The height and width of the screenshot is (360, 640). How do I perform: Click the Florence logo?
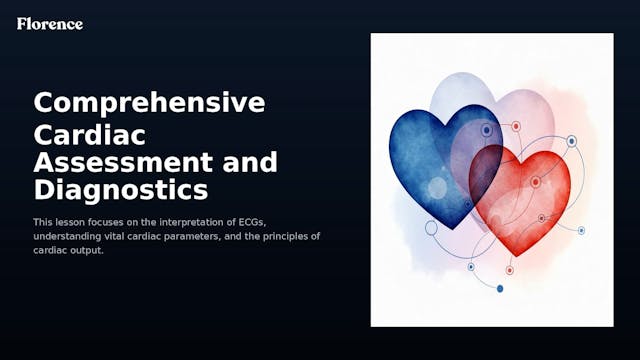click(50, 23)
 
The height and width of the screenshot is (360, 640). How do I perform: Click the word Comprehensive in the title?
click(149, 102)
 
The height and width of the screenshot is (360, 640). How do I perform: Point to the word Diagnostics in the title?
click(121, 188)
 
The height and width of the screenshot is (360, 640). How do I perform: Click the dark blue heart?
click(430, 160)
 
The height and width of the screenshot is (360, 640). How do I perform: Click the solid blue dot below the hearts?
click(500, 289)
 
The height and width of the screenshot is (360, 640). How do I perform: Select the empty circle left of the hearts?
click(432, 228)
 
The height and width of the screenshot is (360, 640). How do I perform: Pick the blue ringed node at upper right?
click(571, 142)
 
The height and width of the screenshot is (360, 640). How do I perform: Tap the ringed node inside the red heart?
click(536, 182)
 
